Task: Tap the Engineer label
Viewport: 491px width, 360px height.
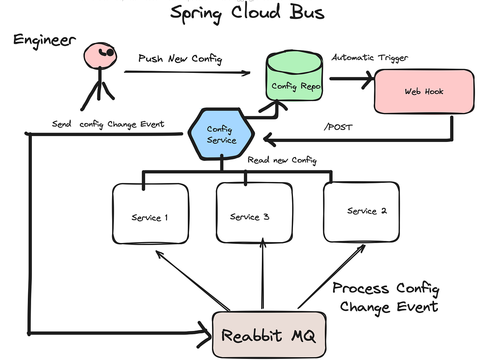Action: tap(45, 40)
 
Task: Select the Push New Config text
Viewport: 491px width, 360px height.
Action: tap(180, 59)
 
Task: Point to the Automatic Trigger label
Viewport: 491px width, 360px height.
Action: tap(369, 58)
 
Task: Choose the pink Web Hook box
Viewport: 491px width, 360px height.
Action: tap(424, 91)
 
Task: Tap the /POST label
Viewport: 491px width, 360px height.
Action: tap(338, 127)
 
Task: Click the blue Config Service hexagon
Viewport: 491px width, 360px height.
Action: tap(221, 135)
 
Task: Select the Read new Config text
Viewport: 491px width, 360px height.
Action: tap(282, 160)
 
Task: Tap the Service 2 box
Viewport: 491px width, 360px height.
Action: tap(361, 212)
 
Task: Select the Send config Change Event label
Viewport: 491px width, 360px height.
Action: tap(108, 124)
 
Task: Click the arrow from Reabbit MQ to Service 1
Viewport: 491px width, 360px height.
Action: tap(192, 281)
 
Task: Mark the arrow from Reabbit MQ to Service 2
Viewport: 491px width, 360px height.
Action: tap(331, 277)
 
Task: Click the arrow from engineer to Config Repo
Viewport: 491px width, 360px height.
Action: tap(187, 72)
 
